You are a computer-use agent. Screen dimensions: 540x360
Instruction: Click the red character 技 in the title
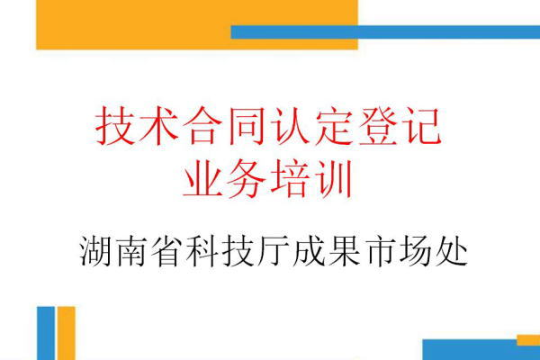click(x=115, y=126)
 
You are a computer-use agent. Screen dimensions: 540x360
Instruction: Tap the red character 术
click(x=158, y=126)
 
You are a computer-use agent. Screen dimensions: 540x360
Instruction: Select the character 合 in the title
click(x=202, y=126)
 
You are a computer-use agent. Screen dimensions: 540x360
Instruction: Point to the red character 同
click(x=246, y=126)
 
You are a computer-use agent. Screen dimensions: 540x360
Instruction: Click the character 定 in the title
click(x=333, y=126)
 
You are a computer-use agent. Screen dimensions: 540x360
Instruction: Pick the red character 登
click(x=377, y=126)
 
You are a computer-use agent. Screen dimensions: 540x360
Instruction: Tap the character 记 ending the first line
click(x=421, y=126)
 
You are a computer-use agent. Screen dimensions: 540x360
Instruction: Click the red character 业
click(x=202, y=179)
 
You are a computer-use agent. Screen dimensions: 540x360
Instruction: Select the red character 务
click(x=246, y=179)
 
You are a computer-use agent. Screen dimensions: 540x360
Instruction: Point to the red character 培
click(x=290, y=179)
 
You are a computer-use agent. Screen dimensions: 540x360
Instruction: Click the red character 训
click(x=333, y=179)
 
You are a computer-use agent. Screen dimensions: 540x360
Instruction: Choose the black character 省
click(x=167, y=252)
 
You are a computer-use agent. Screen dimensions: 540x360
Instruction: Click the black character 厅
click(x=274, y=252)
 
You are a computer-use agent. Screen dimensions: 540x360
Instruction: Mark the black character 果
click(x=345, y=252)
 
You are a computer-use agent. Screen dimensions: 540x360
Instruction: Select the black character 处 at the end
click(x=451, y=252)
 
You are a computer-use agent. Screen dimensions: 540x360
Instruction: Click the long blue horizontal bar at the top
click(x=385, y=32)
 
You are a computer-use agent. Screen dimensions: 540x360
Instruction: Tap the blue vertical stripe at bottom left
click(x=46, y=333)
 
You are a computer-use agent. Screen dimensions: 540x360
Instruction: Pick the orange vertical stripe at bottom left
click(x=66, y=333)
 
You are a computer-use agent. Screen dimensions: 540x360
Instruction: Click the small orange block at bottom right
click(x=528, y=339)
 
